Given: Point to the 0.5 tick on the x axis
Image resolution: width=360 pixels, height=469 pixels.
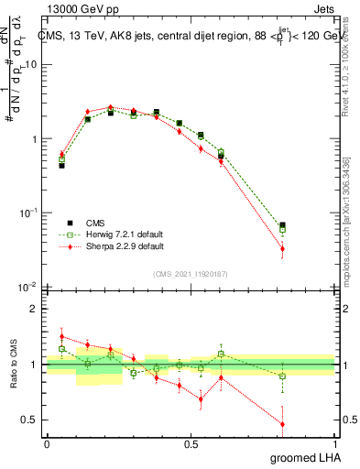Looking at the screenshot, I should click(191, 443).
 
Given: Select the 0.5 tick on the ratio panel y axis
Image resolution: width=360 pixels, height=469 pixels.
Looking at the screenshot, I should click(32, 420).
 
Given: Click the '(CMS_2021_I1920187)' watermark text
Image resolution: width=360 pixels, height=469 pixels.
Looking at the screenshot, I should click(191, 274).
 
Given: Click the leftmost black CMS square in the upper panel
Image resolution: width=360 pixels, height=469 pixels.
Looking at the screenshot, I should click(61, 166).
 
